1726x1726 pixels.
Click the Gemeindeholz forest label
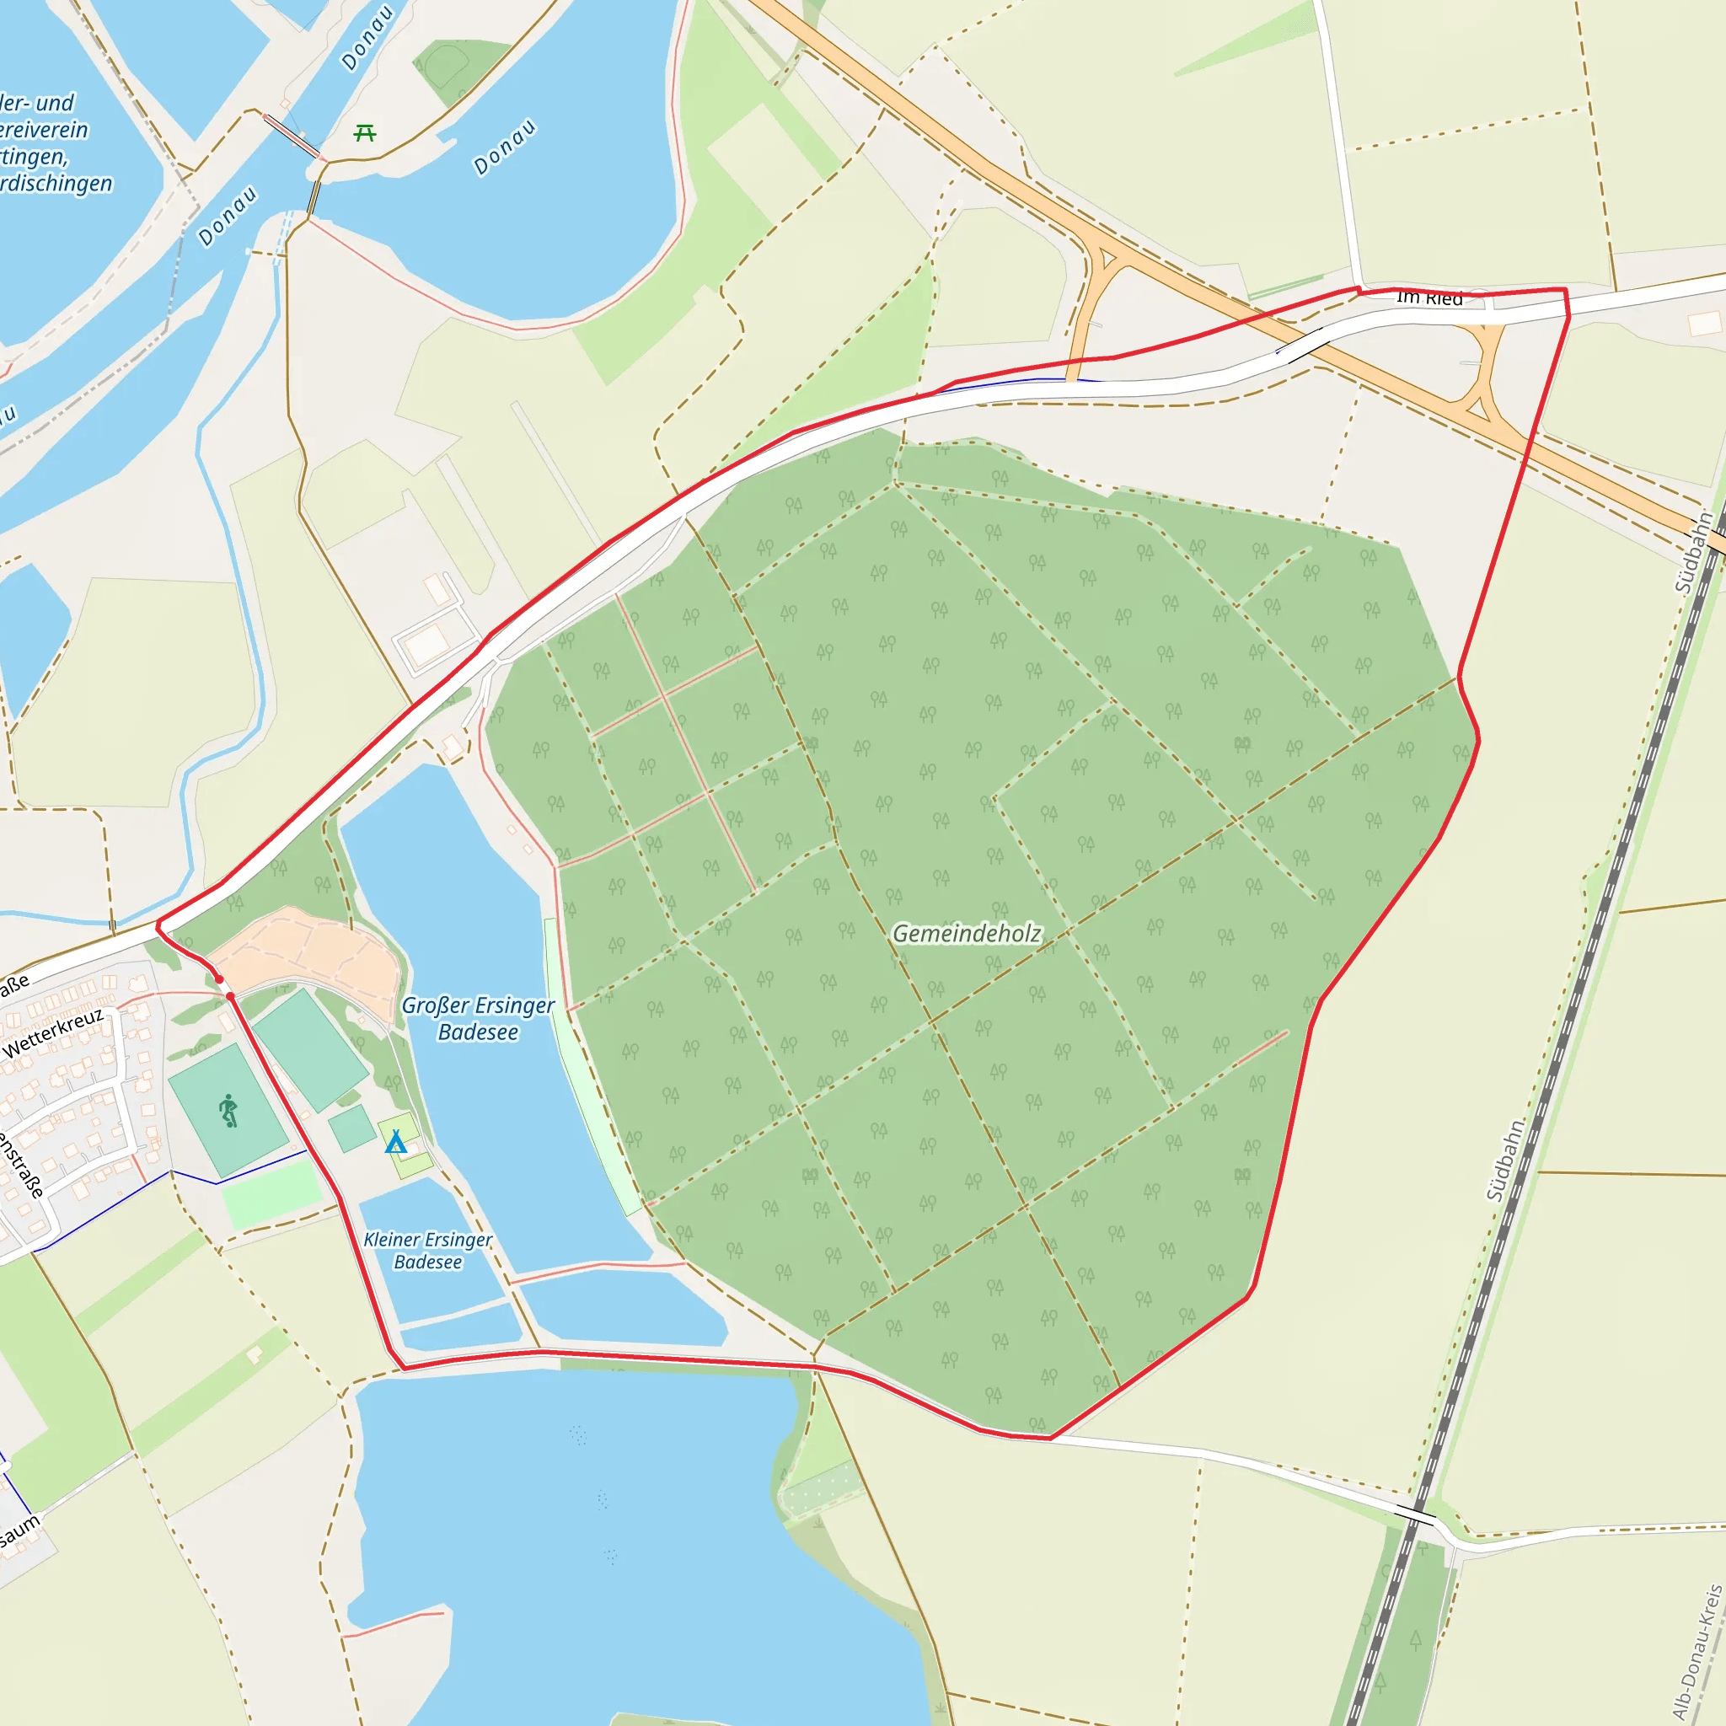coord(967,934)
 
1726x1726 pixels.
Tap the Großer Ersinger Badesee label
coord(478,1018)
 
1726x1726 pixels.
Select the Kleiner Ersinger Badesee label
coord(428,1251)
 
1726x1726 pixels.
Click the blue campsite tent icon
coord(395,1142)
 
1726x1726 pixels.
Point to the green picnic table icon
coord(364,134)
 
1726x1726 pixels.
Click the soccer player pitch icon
coord(228,1111)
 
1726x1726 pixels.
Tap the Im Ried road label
coord(1429,298)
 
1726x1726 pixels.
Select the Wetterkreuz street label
coord(54,1032)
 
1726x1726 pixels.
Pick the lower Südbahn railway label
coord(1506,1160)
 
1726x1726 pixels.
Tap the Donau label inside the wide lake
coord(505,147)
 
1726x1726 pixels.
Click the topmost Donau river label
coord(367,39)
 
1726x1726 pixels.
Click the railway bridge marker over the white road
coord(1415,1516)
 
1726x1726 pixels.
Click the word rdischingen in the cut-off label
coord(57,184)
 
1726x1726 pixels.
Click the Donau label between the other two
coord(228,215)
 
